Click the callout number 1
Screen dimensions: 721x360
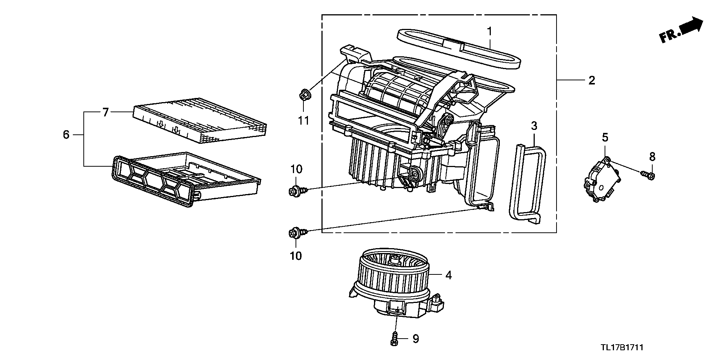coord(490,32)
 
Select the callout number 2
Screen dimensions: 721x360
coord(592,80)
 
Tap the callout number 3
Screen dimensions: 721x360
coord(534,126)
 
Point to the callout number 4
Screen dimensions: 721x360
coord(448,275)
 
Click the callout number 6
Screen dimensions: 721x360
coord(66,134)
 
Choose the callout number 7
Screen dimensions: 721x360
coord(106,112)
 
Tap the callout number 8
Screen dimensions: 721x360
coord(652,157)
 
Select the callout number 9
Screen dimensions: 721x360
coord(415,339)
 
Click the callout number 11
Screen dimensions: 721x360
coord(303,121)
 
